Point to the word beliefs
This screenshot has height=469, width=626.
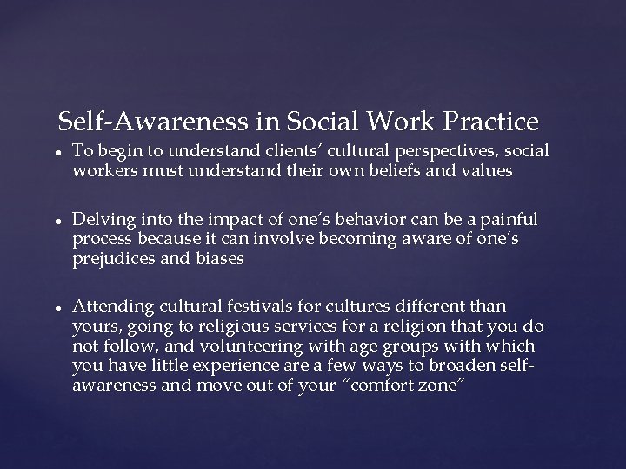click(x=386, y=170)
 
